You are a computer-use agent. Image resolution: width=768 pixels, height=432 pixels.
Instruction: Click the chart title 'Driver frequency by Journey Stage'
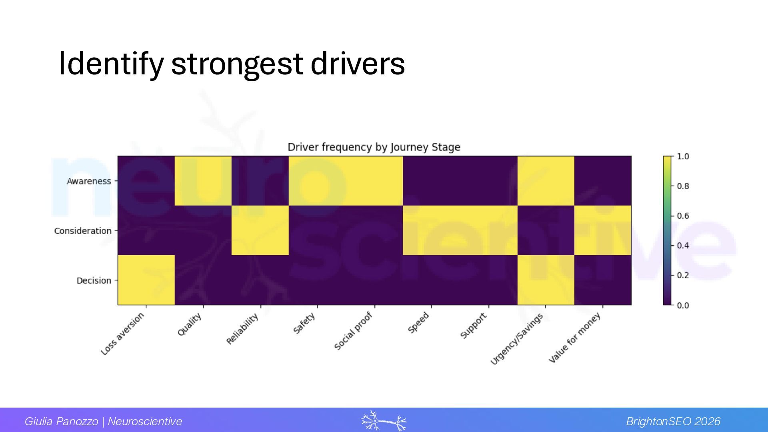(374, 147)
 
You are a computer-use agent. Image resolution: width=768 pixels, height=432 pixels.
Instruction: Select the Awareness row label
(89, 181)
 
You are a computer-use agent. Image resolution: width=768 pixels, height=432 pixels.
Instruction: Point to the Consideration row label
(83, 231)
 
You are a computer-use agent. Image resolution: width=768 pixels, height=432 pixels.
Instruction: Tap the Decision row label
(94, 280)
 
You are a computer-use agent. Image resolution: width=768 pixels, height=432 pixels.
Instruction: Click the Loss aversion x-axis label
(122, 334)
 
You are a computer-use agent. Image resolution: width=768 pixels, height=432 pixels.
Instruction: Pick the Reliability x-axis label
(242, 329)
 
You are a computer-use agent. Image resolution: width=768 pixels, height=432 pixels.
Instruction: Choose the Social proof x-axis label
(353, 331)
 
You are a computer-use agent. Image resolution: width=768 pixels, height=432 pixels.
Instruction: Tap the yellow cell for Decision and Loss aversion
(146, 280)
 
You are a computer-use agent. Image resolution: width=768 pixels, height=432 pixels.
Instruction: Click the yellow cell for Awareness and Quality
(203, 181)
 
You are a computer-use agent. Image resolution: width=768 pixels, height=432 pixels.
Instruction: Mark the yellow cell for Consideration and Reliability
(260, 230)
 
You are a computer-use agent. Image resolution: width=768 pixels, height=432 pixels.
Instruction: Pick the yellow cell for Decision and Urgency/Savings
(546, 280)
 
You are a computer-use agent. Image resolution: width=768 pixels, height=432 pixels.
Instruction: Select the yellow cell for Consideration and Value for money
(603, 230)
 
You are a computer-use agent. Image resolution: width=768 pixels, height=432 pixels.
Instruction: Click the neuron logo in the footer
(384, 421)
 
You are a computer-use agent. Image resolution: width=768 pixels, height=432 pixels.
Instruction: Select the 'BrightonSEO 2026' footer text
(673, 421)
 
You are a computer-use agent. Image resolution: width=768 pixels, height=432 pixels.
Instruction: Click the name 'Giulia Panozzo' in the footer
(61, 421)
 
